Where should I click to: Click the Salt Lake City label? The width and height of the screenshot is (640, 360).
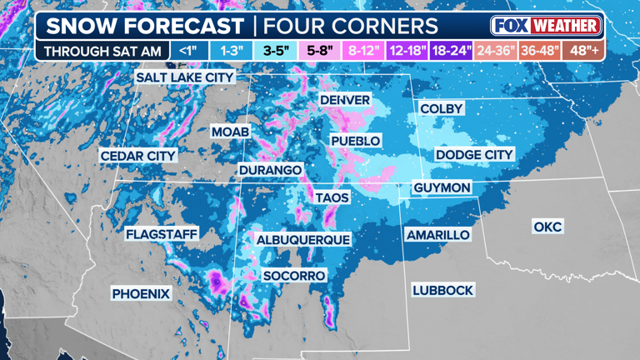click(x=185, y=77)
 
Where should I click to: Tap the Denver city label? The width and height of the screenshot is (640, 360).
click(x=345, y=100)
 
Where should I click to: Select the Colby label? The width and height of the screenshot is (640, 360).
click(x=441, y=109)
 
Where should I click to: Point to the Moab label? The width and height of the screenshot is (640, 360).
click(x=230, y=132)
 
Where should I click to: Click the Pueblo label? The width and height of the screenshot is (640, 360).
click(x=356, y=141)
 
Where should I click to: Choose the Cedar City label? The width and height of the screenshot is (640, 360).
click(x=138, y=156)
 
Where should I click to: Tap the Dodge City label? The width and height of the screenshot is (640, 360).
click(x=474, y=155)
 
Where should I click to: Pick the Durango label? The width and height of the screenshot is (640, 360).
click(x=270, y=170)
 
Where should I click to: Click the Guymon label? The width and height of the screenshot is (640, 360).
click(x=442, y=188)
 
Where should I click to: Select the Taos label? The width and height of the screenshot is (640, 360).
click(x=332, y=197)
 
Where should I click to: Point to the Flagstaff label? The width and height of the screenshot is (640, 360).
click(x=162, y=234)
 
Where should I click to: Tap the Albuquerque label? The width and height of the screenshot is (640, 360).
click(x=303, y=239)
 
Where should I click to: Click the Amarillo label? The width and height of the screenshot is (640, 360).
click(x=437, y=235)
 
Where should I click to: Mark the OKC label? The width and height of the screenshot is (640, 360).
click(x=547, y=227)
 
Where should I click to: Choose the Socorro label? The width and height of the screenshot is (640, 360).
click(x=293, y=275)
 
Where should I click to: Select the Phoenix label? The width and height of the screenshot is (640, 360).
click(x=141, y=293)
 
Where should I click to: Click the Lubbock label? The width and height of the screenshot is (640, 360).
click(x=442, y=290)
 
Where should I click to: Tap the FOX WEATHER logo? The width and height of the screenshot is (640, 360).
click(x=546, y=25)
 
